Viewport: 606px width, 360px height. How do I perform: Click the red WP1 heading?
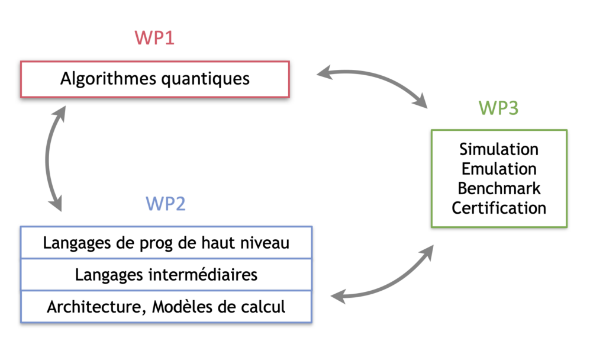click(x=154, y=38)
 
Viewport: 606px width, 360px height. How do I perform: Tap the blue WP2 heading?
click(x=166, y=204)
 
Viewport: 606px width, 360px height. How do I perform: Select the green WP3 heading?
click(x=498, y=108)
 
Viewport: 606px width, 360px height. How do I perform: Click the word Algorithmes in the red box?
click(x=109, y=79)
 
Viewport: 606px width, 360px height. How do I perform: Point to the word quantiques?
click(x=205, y=80)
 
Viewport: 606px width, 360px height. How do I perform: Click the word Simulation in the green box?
click(x=499, y=149)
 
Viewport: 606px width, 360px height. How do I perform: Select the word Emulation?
click(x=499, y=169)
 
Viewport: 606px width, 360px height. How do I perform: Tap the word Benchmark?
click(x=499, y=189)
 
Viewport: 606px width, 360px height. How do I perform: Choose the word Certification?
click(x=499, y=208)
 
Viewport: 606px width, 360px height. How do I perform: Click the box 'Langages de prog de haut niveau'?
click(x=166, y=242)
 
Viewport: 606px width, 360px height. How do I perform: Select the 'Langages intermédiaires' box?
click(x=166, y=275)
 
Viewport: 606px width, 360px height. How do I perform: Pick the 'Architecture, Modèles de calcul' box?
click(x=166, y=307)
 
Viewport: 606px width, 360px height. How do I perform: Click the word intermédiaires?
click(x=203, y=275)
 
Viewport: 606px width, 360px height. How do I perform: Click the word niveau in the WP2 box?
click(x=265, y=243)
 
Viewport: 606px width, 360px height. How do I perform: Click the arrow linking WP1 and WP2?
click(x=47, y=159)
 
